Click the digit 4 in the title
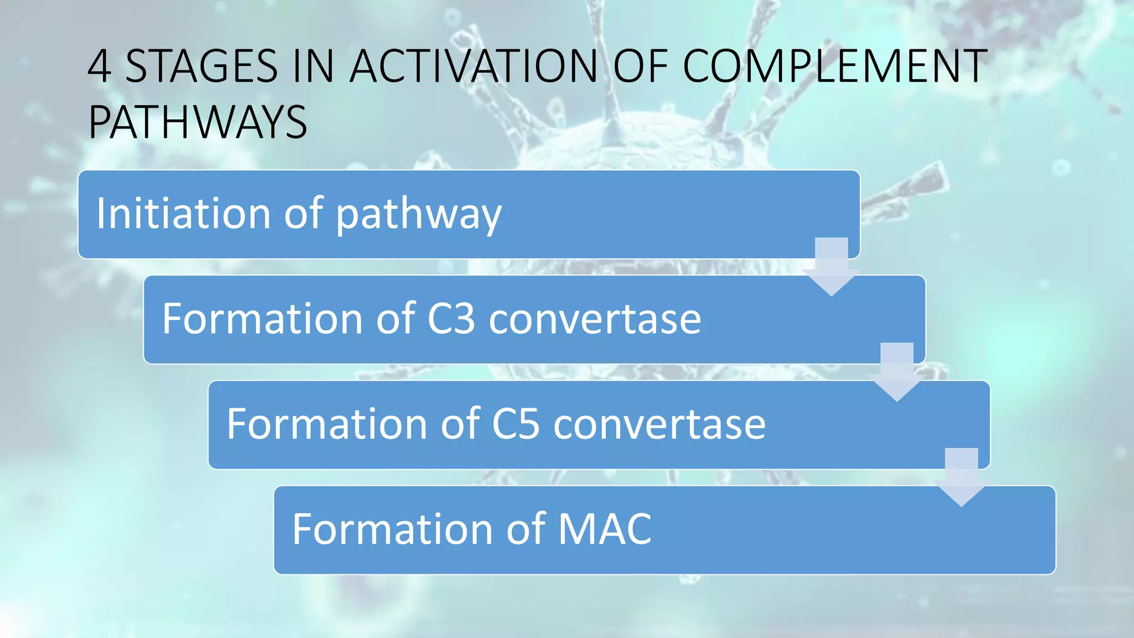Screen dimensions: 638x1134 pyautogui.click(x=100, y=67)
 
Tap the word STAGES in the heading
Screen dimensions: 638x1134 pyautogui.click(x=202, y=67)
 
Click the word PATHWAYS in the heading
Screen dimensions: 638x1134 pyautogui.click(x=198, y=122)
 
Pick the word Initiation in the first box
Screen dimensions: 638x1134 pyautogui.click(x=183, y=214)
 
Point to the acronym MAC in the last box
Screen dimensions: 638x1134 pyautogui.click(x=605, y=529)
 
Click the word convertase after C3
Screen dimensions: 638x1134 pyautogui.click(x=595, y=320)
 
